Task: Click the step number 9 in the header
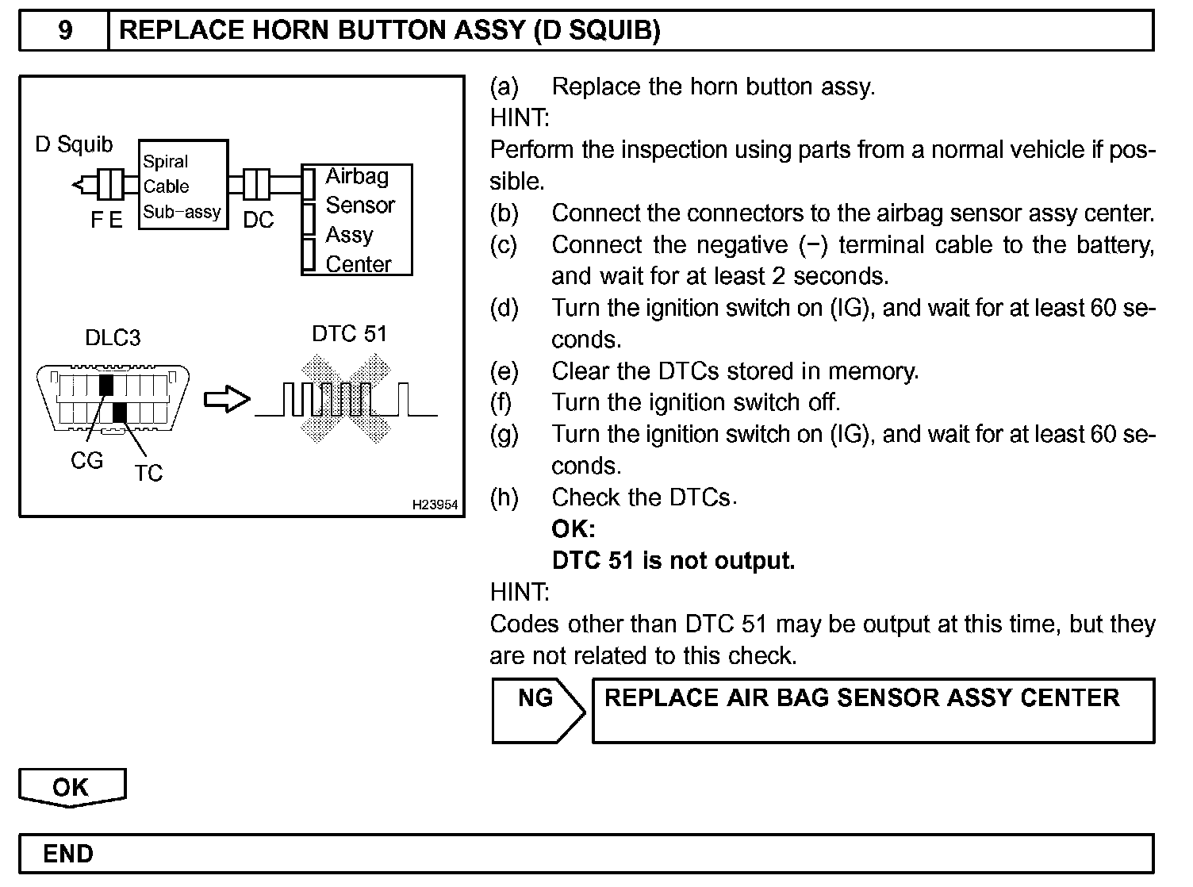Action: click(x=65, y=30)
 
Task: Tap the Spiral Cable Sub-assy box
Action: click(x=182, y=186)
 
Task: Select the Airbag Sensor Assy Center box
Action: click(x=358, y=220)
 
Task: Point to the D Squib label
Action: click(x=75, y=144)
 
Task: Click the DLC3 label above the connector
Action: click(x=113, y=338)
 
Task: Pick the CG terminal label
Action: click(x=86, y=460)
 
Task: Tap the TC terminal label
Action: click(x=148, y=473)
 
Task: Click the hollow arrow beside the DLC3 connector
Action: click(x=227, y=400)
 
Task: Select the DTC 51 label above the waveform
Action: click(x=349, y=333)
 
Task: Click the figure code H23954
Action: click(x=435, y=505)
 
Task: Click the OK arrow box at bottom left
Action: click(x=71, y=787)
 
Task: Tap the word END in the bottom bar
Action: click(x=68, y=854)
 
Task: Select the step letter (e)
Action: click(x=504, y=371)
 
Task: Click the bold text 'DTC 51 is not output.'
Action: click(x=673, y=561)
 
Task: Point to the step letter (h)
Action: click(x=504, y=497)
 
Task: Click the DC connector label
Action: click(x=258, y=220)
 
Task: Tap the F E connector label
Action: click(x=106, y=220)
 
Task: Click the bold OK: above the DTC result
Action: click(x=573, y=529)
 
